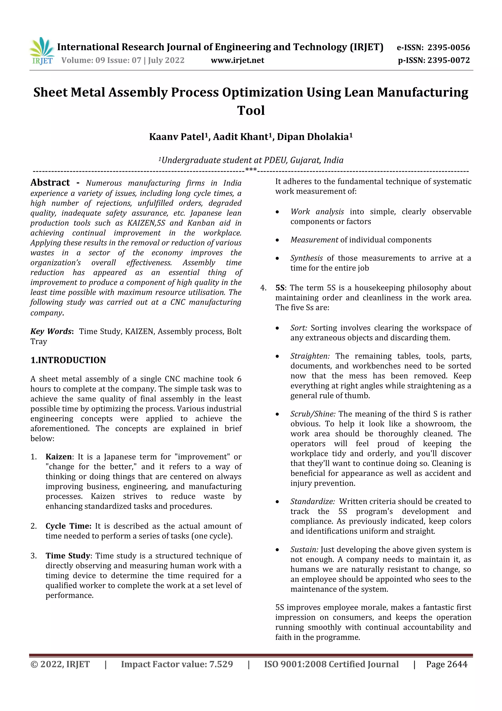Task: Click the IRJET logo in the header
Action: click(42, 51)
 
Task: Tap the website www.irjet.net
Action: click(237, 60)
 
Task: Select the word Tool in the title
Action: click(251, 110)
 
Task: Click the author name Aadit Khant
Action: click(241, 137)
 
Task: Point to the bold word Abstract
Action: click(50, 183)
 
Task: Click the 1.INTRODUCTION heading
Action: click(68, 360)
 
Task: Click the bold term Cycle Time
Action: click(68, 526)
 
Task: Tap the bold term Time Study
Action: click(68, 556)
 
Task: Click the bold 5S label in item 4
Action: click(280, 288)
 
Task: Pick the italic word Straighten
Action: click(310, 356)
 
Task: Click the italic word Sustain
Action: click(304, 550)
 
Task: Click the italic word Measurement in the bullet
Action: click(314, 240)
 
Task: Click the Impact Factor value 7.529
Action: click(221, 664)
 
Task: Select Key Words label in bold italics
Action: click(51, 332)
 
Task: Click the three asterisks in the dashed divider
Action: click(251, 169)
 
